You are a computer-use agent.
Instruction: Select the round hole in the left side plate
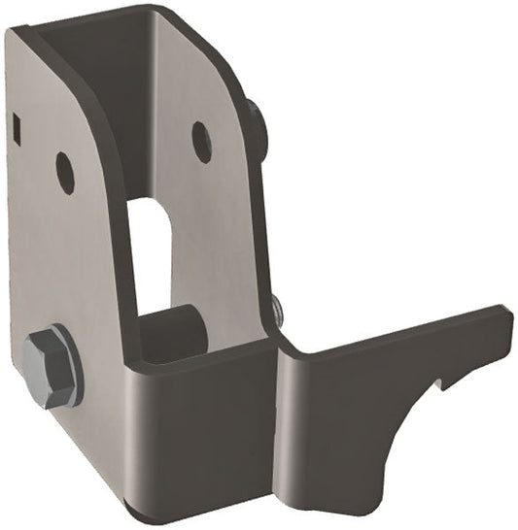(x=65, y=173)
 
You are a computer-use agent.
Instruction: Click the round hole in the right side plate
(x=202, y=142)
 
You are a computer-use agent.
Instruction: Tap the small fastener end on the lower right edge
(x=278, y=310)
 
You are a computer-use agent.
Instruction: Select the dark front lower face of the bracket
(x=204, y=437)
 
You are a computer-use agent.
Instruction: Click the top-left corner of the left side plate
(x=12, y=34)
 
